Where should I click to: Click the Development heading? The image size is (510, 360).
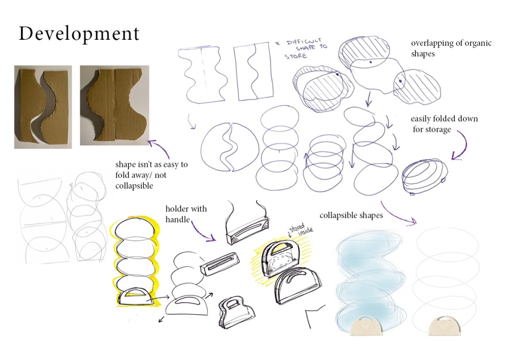(79, 34)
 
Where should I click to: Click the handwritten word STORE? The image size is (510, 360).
(296, 56)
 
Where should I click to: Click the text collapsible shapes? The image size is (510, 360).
(351, 215)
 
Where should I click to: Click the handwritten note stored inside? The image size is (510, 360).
(301, 229)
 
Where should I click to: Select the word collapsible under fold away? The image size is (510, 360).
(134, 186)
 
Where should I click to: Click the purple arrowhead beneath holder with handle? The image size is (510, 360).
(211, 239)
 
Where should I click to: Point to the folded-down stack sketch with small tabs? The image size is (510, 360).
(424, 177)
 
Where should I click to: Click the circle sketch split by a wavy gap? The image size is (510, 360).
(230, 147)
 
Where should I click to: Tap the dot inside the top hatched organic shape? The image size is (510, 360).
(371, 62)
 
